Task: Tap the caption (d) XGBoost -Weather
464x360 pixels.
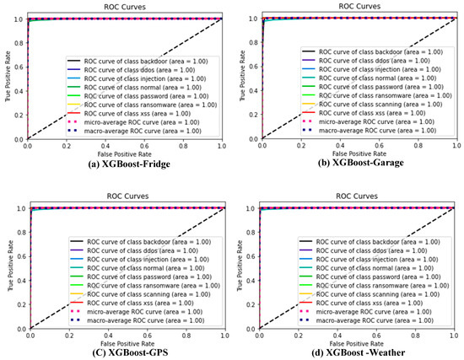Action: pos(348,350)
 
